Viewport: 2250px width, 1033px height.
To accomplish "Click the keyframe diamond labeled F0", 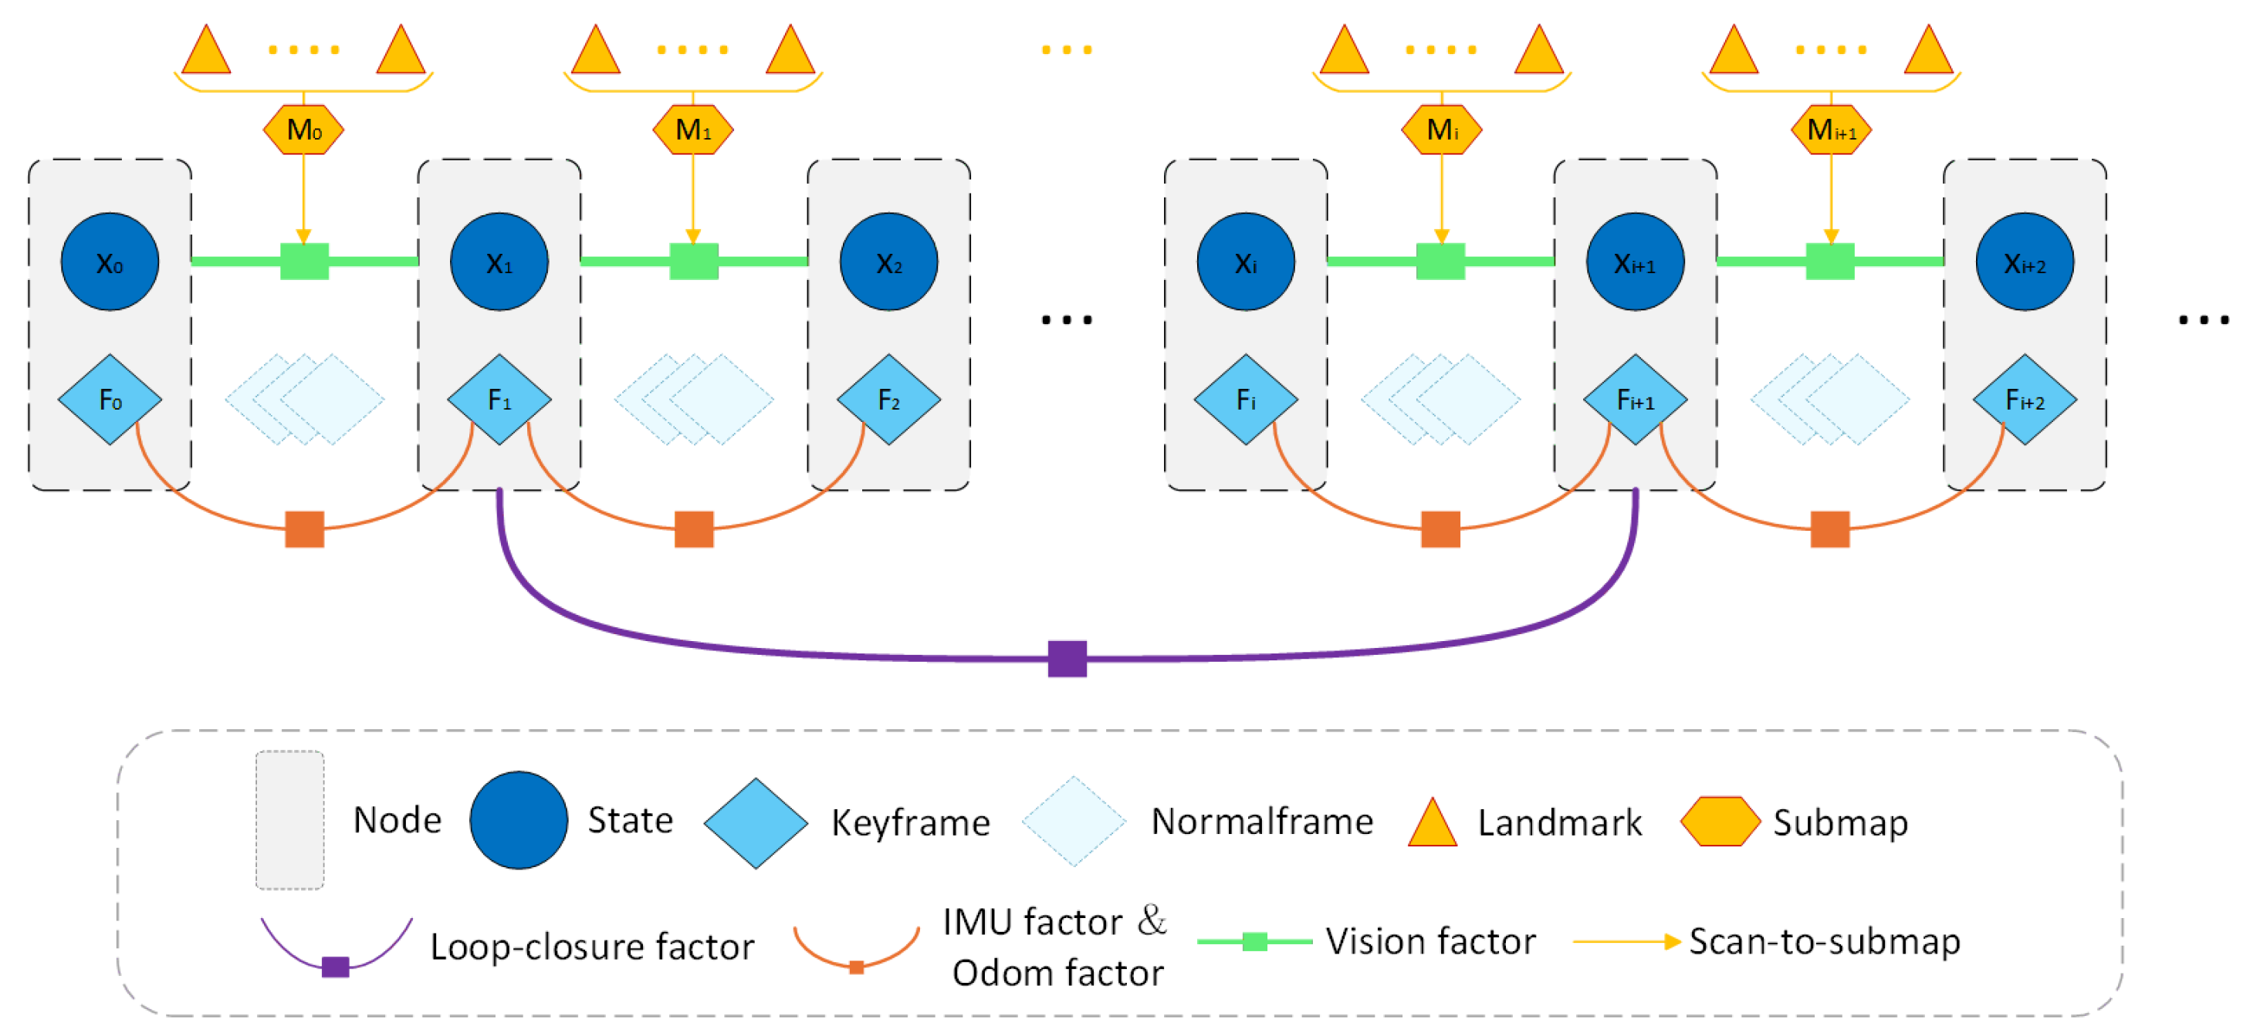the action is [110, 400].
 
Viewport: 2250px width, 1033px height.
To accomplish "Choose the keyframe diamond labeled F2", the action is [889, 400].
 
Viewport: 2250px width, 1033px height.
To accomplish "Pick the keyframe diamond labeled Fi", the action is [1246, 400].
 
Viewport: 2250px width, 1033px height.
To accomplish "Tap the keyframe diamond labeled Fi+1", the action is [1635, 400].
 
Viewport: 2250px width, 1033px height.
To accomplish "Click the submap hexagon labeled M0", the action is [303, 130].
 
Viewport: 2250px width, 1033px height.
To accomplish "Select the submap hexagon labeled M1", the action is [692, 130].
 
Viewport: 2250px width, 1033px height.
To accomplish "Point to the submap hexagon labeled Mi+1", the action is [1831, 130].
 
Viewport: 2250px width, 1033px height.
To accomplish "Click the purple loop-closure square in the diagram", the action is [1067, 658].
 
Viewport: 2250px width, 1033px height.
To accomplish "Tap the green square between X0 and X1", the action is [304, 261].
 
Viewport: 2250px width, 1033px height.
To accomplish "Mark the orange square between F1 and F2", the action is [695, 529].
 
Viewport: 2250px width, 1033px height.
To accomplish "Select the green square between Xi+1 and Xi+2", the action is [1830, 261].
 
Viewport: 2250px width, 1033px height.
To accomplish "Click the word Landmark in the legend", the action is [1560, 822].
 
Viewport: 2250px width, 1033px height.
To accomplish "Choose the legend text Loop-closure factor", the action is [592, 947].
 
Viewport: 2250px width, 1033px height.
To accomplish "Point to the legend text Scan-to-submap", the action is [1825, 941].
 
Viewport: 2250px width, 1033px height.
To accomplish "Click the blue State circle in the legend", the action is [519, 820].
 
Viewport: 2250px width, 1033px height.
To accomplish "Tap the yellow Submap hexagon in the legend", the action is [1720, 821].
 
